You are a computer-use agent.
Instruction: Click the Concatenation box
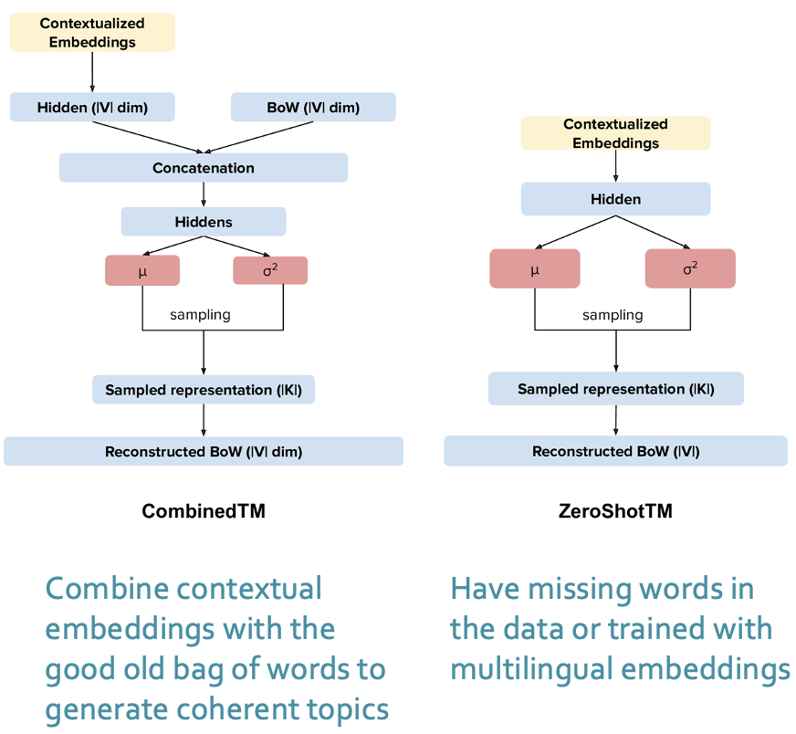[x=203, y=168]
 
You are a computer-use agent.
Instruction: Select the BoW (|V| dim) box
[x=313, y=107]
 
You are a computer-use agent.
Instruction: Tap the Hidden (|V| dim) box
[x=92, y=107]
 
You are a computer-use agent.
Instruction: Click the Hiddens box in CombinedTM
[x=203, y=222]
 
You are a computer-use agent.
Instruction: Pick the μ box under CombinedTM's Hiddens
[x=141, y=270]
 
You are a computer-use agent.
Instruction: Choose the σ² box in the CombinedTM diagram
[x=270, y=270]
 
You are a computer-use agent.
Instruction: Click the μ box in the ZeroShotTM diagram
[x=534, y=268]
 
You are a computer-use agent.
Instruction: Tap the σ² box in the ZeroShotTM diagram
[x=689, y=268]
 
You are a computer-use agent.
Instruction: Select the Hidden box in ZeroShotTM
[x=615, y=199]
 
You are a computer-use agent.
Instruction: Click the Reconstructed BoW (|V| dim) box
[x=203, y=451]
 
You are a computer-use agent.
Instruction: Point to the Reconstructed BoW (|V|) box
[x=615, y=451]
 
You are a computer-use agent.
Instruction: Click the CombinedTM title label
[x=203, y=511]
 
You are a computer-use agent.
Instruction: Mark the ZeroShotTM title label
[x=615, y=511]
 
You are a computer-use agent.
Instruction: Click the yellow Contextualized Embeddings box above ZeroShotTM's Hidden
[x=615, y=133]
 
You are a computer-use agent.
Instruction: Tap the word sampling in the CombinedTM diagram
[x=200, y=314]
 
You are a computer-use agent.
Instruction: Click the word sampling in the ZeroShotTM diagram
[x=613, y=314]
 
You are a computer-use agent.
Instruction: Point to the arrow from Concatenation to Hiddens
[x=203, y=194]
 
